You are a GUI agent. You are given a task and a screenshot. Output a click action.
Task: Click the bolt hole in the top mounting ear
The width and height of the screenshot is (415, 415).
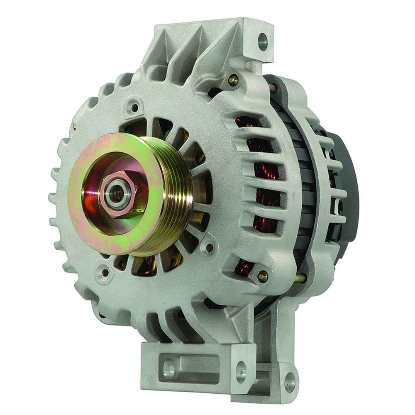click(262, 40)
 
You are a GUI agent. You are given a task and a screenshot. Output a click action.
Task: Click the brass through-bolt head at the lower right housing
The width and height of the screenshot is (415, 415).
click(262, 275)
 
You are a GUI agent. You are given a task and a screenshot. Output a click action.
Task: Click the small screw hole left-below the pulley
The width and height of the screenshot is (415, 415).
click(105, 272)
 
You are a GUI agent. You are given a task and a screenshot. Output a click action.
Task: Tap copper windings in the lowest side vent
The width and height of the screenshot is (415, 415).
click(243, 268)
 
